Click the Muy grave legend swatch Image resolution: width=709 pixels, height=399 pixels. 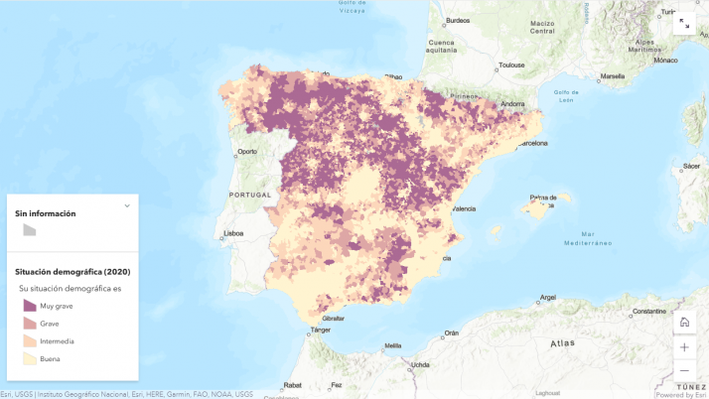pos(30,306)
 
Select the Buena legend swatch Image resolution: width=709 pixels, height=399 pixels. pos(30,358)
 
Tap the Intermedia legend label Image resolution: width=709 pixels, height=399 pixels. pos(57,341)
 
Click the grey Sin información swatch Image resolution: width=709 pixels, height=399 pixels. pos(30,229)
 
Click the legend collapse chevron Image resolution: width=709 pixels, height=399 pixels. pos(127,205)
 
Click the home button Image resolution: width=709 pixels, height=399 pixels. pos(684,322)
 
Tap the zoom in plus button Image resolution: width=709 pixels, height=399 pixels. pos(684,346)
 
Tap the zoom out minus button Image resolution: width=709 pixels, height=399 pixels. pos(684,370)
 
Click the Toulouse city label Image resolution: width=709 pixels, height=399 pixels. pos(511,66)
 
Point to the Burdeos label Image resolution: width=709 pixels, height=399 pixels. pos(458,21)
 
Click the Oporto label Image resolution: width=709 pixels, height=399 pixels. pos(247,152)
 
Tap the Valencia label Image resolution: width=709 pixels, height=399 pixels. pos(464,209)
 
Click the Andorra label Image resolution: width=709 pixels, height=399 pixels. pos(512,103)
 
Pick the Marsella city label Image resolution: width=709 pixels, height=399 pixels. pos(613,75)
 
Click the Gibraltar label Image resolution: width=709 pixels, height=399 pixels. pos(334,318)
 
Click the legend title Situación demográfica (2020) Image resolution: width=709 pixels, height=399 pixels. pos(72,271)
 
